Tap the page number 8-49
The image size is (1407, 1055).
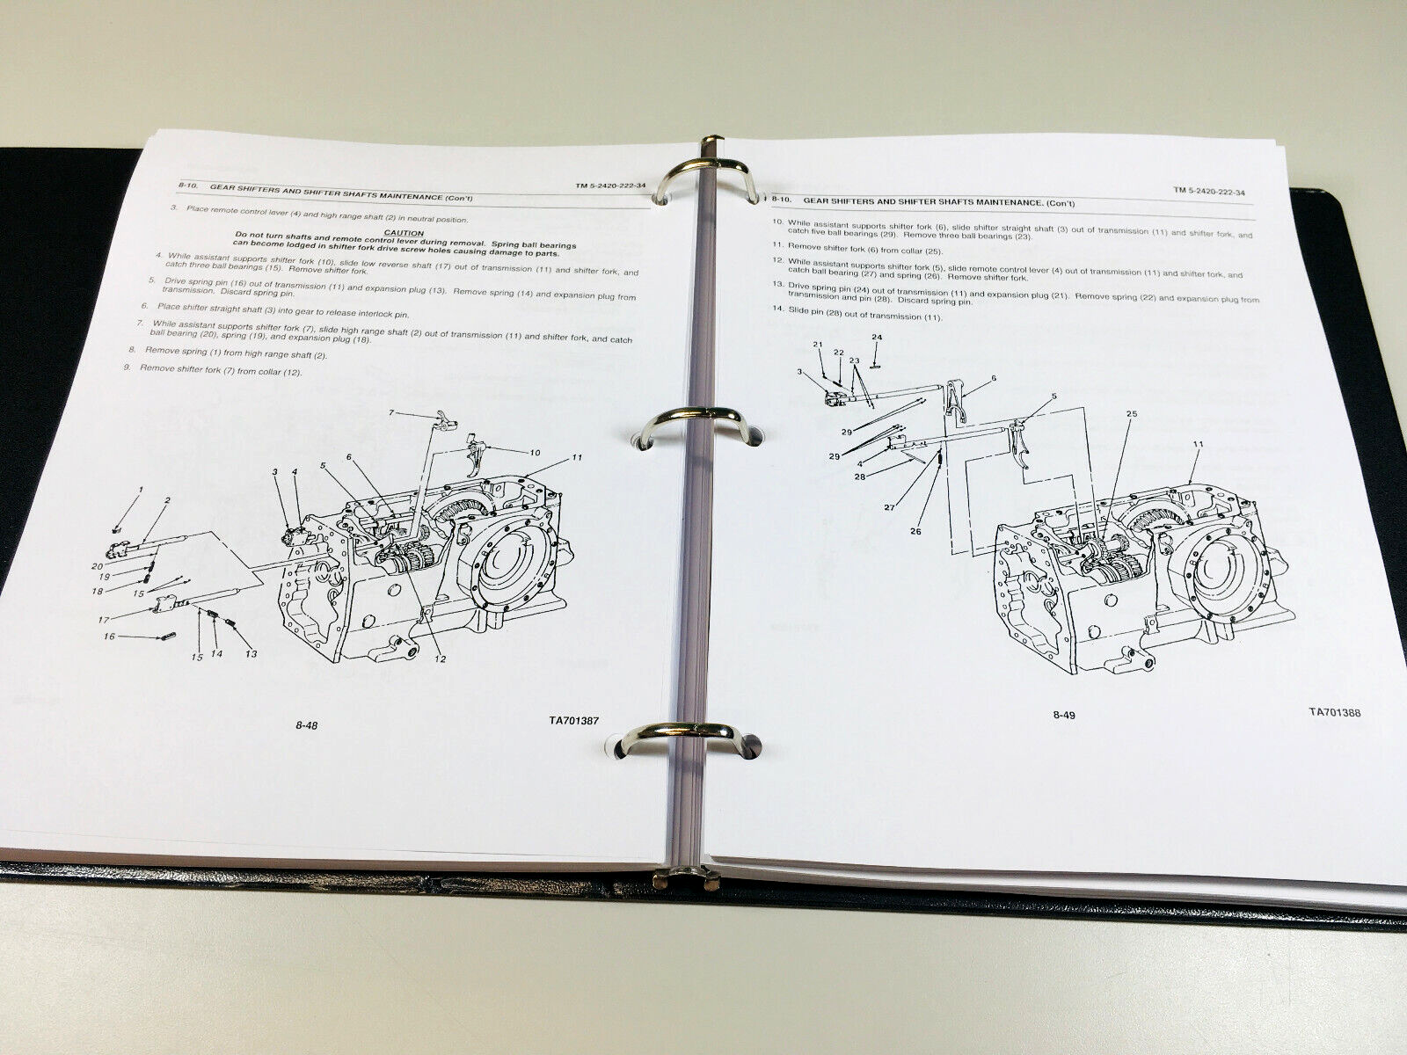click(x=1063, y=715)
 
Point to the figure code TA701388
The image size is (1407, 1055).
click(x=1334, y=713)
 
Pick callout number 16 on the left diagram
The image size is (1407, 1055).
click(x=110, y=636)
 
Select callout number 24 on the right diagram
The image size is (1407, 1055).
click(x=877, y=337)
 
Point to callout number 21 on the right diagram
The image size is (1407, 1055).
click(x=817, y=344)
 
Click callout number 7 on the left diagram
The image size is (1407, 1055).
click(x=391, y=412)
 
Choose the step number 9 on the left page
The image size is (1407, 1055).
click(x=127, y=367)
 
